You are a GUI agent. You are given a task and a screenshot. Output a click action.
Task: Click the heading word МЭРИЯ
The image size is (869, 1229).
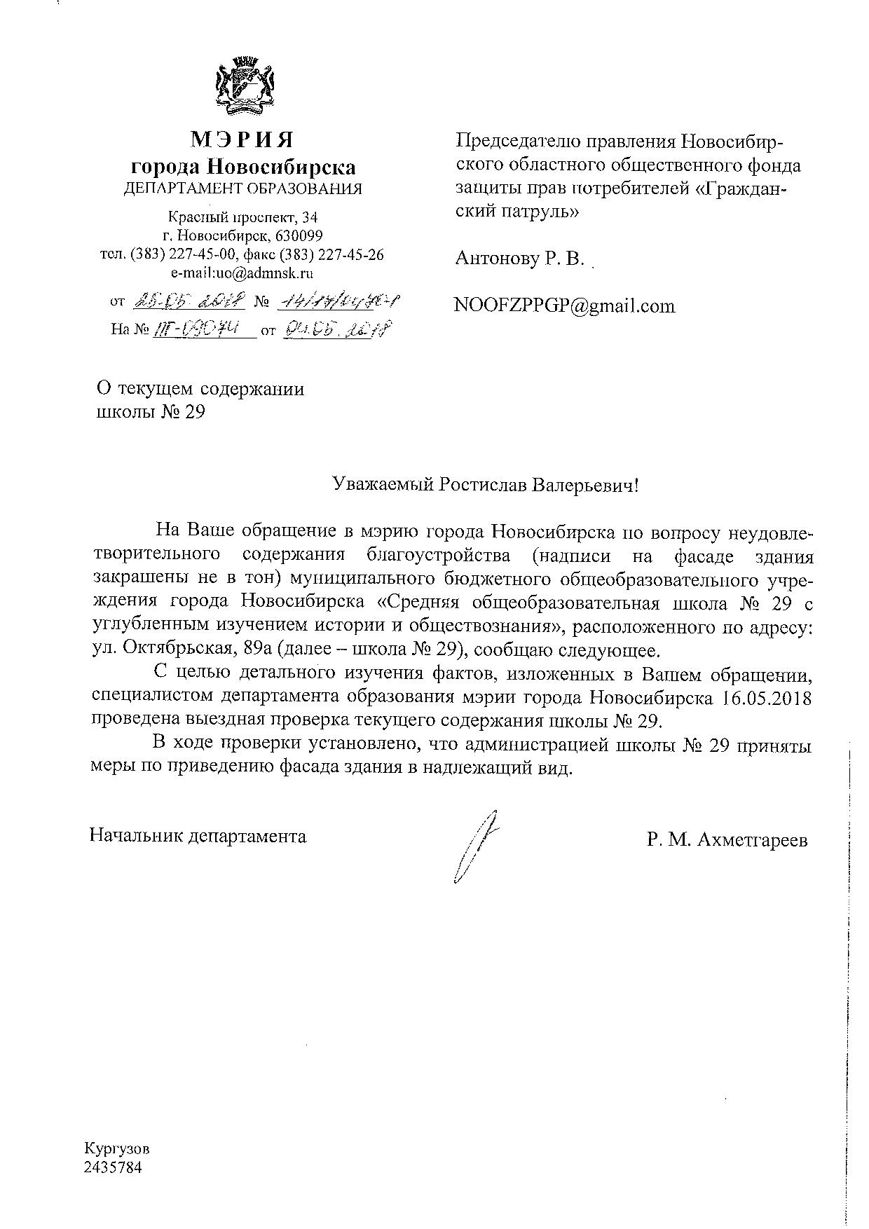(242, 140)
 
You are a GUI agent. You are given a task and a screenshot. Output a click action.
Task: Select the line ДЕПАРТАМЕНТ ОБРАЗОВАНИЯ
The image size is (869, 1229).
(243, 188)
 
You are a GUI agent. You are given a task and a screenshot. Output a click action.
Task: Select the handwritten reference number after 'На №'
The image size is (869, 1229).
(204, 329)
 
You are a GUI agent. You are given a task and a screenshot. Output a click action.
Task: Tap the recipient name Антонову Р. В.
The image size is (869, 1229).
(519, 259)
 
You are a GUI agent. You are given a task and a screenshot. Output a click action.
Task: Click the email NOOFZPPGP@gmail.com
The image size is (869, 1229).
(565, 305)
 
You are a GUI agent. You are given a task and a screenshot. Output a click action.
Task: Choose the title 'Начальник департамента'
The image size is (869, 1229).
(198, 835)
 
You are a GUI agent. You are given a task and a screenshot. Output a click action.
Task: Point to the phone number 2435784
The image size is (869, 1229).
(113, 1167)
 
